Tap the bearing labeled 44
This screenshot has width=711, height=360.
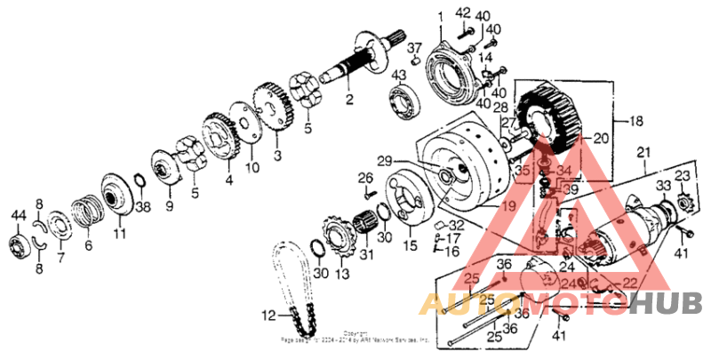point(17,244)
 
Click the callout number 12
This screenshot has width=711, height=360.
point(268,315)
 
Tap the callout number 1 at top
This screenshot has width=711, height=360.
point(438,17)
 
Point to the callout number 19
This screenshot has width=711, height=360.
point(508,205)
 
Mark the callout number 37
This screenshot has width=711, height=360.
point(415,48)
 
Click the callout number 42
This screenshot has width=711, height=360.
point(462,12)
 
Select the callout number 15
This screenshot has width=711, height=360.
point(411,244)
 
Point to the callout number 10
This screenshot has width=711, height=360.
point(251,166)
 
